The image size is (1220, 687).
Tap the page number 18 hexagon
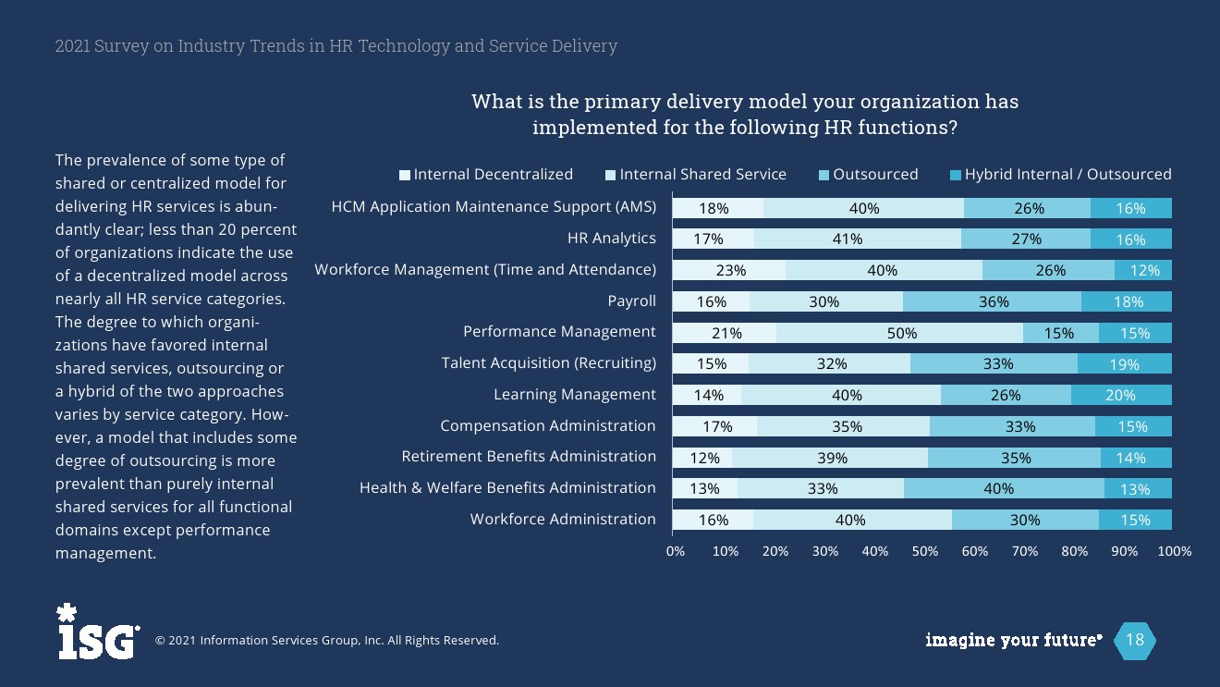tap(1134, 640)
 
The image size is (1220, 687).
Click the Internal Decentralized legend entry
tap(486, 175)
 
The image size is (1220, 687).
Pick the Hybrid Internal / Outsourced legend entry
tap(1061, 175)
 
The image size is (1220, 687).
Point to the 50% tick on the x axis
tap(924, 551)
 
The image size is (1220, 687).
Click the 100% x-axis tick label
tap(1174, 551)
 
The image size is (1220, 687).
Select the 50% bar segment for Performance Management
tap(900, 333)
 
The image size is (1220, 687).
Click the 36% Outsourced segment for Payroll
tap(993, 301)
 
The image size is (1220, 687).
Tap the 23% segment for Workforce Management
tap(729, 271)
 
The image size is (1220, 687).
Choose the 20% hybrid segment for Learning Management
tap(1121, 395)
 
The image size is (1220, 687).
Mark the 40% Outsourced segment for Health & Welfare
tap(1004, 488)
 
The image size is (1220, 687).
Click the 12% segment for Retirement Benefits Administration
tap(702, 458)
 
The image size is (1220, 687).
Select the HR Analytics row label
tap(611, 239)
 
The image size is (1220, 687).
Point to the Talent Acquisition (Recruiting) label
tap(548, 363)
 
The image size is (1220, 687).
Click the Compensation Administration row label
tap(547, 426)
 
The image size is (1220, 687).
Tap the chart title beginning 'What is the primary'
tap(745, 115)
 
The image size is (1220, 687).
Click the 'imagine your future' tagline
tap(1013, 640)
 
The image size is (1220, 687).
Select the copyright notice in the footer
tap(326, 640)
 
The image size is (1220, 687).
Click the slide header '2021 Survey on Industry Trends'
tap(335, 46)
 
